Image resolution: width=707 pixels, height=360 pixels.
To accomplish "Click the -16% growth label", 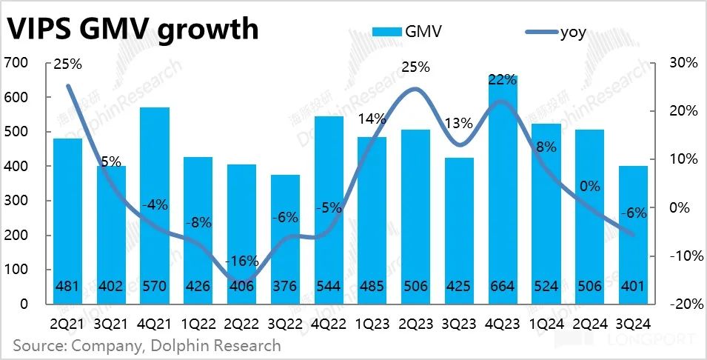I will pyautogui.click(x=242, y=261).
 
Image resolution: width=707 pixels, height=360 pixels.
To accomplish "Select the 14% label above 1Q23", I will pyautogui.click(x=372, y=119).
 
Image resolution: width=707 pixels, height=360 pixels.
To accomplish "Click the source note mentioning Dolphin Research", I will pyautogui.click(x=146, y=345).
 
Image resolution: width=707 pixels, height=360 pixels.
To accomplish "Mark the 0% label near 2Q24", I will pyautogui.click(x=590, y=187).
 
